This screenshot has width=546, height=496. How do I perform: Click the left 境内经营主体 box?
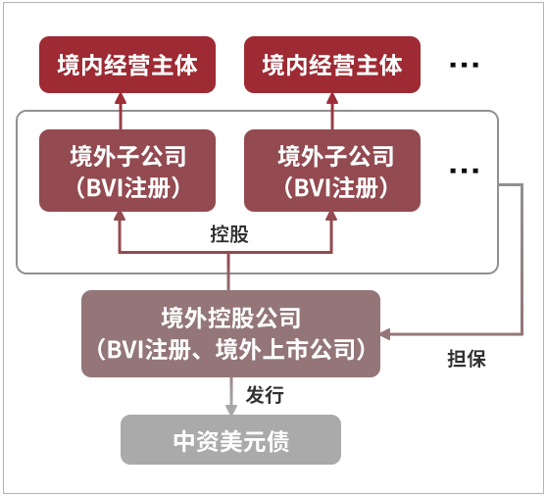[127, 65]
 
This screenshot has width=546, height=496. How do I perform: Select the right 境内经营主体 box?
[332, 65]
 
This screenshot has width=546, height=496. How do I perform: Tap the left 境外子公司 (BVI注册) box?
[127, 171]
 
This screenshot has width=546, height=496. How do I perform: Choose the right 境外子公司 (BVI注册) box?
[332, 171]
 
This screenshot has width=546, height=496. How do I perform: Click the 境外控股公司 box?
[230, 333]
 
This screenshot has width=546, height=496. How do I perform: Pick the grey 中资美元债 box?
[230, 439]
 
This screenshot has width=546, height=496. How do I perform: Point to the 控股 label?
[229, 234]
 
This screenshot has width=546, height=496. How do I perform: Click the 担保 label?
[467, 359]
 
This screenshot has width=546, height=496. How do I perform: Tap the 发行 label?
[265, 395]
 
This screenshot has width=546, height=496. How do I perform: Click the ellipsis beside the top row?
[465, 65]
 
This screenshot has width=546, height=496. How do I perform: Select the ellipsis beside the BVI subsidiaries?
[465, 171]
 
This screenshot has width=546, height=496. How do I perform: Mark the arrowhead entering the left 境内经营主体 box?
[121, 99]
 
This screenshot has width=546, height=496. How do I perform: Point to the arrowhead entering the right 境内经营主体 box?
[332, 99]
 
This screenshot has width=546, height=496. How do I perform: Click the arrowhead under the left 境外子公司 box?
[120, 217]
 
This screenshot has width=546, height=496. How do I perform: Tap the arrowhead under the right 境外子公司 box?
[331, 217]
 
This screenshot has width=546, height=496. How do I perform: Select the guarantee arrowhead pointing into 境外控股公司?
[385, 334]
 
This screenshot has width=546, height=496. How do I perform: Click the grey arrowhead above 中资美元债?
[231, 410]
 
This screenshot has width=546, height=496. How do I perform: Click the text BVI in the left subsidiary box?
[105, 188]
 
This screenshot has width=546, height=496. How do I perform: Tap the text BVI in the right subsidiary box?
[313, 188]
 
